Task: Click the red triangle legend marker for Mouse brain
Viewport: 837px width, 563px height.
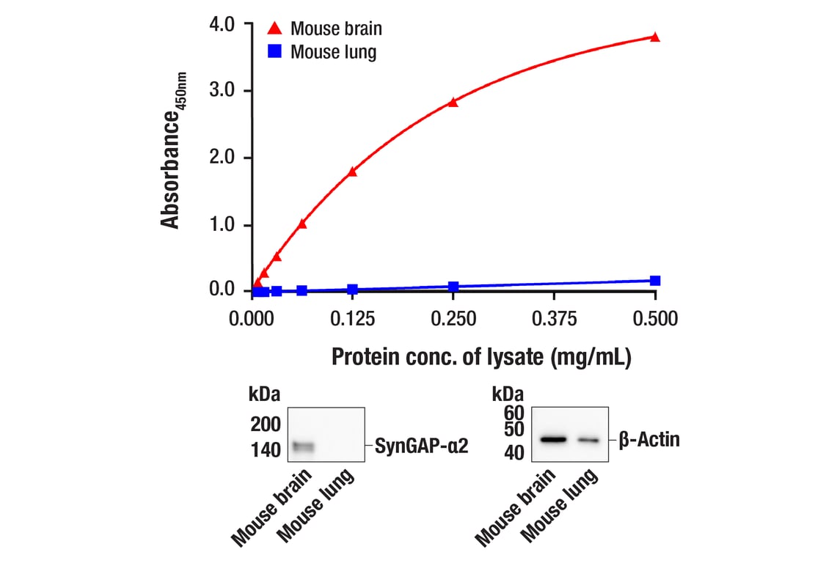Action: click(274, 29)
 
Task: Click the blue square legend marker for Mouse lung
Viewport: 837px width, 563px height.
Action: click(274, 51)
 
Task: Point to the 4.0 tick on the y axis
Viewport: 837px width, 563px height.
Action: click(222, 24)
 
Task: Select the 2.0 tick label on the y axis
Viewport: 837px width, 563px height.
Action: click(222, 158)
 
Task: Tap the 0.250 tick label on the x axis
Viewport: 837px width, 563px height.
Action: click(453, 319)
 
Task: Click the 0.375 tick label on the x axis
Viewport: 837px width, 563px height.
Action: click(554, 319)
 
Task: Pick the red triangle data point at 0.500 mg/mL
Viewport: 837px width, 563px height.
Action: click(655, 37)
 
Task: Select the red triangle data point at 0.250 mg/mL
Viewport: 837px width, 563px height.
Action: click(453, 102)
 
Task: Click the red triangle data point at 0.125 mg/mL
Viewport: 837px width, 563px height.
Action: click(352, 172)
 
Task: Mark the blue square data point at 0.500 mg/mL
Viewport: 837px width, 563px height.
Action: click(655, 281)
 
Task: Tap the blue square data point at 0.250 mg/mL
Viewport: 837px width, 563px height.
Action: click(453, 287)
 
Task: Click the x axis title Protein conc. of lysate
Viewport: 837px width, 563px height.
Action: click(481, 357)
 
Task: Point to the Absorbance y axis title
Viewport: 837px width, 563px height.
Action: click(173, 150)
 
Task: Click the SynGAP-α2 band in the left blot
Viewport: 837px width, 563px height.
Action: click(302, 446)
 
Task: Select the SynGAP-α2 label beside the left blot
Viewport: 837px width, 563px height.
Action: click(421, 445)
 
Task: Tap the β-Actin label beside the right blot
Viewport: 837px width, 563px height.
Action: click(648, 440)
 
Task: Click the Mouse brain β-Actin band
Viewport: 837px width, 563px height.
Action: click(554, 440)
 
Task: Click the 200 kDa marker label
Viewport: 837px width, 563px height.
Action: click(265, 424)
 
